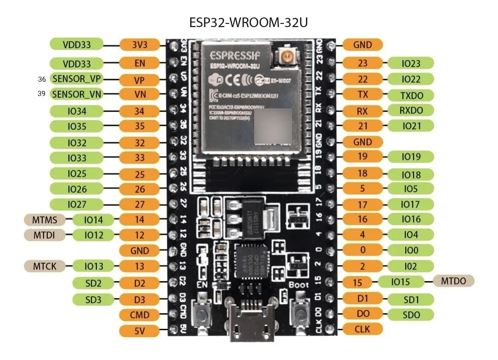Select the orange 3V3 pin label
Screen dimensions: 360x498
tap(140, 45)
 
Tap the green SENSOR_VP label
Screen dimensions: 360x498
tap(76, 79)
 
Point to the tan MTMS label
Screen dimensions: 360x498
tap(45, 219)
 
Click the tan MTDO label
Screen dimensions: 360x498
tap(453, 281)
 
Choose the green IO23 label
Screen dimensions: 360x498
tap(411, 63)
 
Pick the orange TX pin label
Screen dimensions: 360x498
tap(362, 94)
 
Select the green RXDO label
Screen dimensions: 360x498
tap(411, 110)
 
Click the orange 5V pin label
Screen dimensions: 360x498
tap(140, 331)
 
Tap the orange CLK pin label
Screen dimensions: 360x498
tap(362, 329)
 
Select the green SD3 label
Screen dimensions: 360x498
tap(93, 299)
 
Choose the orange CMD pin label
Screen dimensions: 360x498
tap(140, 315)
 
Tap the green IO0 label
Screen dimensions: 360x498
tap(411, 250)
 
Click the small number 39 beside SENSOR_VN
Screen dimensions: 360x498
tap(42, 94)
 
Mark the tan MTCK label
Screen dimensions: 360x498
tap(45, 266)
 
